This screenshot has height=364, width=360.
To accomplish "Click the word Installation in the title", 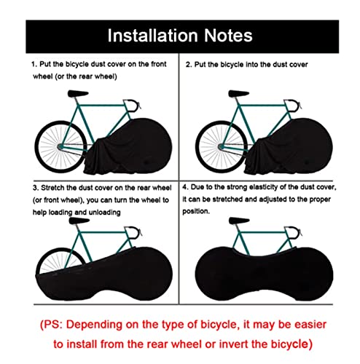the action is [x=152, y=36].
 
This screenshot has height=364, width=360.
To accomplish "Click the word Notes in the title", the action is [x=228, y=36].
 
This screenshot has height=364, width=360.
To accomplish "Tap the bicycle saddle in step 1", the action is [x=77, y=93].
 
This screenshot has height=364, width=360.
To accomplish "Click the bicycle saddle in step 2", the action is [x=238, y=93].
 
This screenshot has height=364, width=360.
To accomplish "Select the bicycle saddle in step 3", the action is [x=79, y=221].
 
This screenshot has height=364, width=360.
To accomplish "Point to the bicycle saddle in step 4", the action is [x=239, y=221].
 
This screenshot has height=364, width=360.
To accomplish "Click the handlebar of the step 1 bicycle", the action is [x=133, y=106].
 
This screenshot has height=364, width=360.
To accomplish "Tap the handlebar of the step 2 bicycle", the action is [x=293, y=106].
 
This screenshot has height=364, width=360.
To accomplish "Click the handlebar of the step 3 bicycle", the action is [x=133, y=232].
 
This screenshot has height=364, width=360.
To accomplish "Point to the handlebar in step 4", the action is [x=293, y=232].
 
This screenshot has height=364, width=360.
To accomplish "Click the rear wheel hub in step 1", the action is [x=60, y=146].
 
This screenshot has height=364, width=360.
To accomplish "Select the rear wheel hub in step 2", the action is [x=221, y=146].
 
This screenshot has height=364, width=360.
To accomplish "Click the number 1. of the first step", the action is [x=34, y=64].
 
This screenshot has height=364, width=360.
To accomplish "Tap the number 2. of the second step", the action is [x=189, y=65].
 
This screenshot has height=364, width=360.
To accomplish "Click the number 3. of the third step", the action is [x=36, y=188].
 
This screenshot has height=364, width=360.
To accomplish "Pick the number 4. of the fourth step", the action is [x=185, y=187].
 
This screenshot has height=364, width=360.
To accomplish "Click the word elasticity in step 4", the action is [x=263, y=187].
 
